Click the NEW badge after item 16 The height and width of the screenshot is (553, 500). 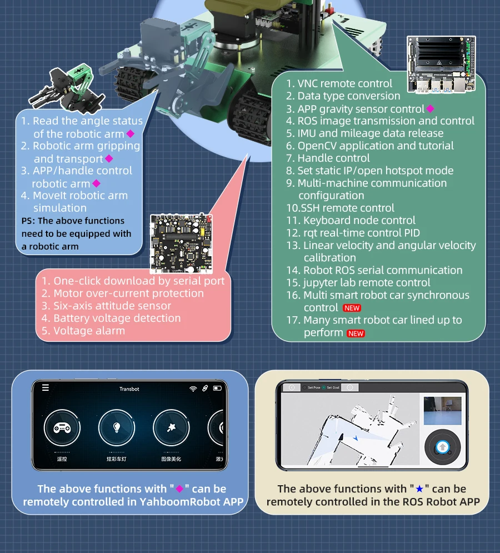point(352,308)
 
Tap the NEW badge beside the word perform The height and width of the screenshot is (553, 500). point(356,333)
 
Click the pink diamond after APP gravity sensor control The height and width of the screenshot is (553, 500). point(430,109)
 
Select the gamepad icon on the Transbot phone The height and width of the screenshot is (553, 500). point(59,428)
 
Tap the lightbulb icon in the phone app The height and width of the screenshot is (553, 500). point(117,428)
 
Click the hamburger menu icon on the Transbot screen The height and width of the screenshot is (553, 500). point(46,388)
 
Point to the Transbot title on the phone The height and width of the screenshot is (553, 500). point(129,389)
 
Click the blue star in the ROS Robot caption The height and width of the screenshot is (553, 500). point(419,489)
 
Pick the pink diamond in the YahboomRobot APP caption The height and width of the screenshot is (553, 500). point(179,489)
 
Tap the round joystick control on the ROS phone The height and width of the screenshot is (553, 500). point(442,447)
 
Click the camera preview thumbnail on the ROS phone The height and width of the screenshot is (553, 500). point(442,410)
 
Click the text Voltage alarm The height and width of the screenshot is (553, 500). point(89,331)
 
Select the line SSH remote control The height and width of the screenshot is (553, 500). point(340,208)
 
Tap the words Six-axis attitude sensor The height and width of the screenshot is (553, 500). point(112,306)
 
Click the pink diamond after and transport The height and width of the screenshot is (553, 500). point(109,159)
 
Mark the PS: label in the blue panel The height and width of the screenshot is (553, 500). point(28,221)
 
